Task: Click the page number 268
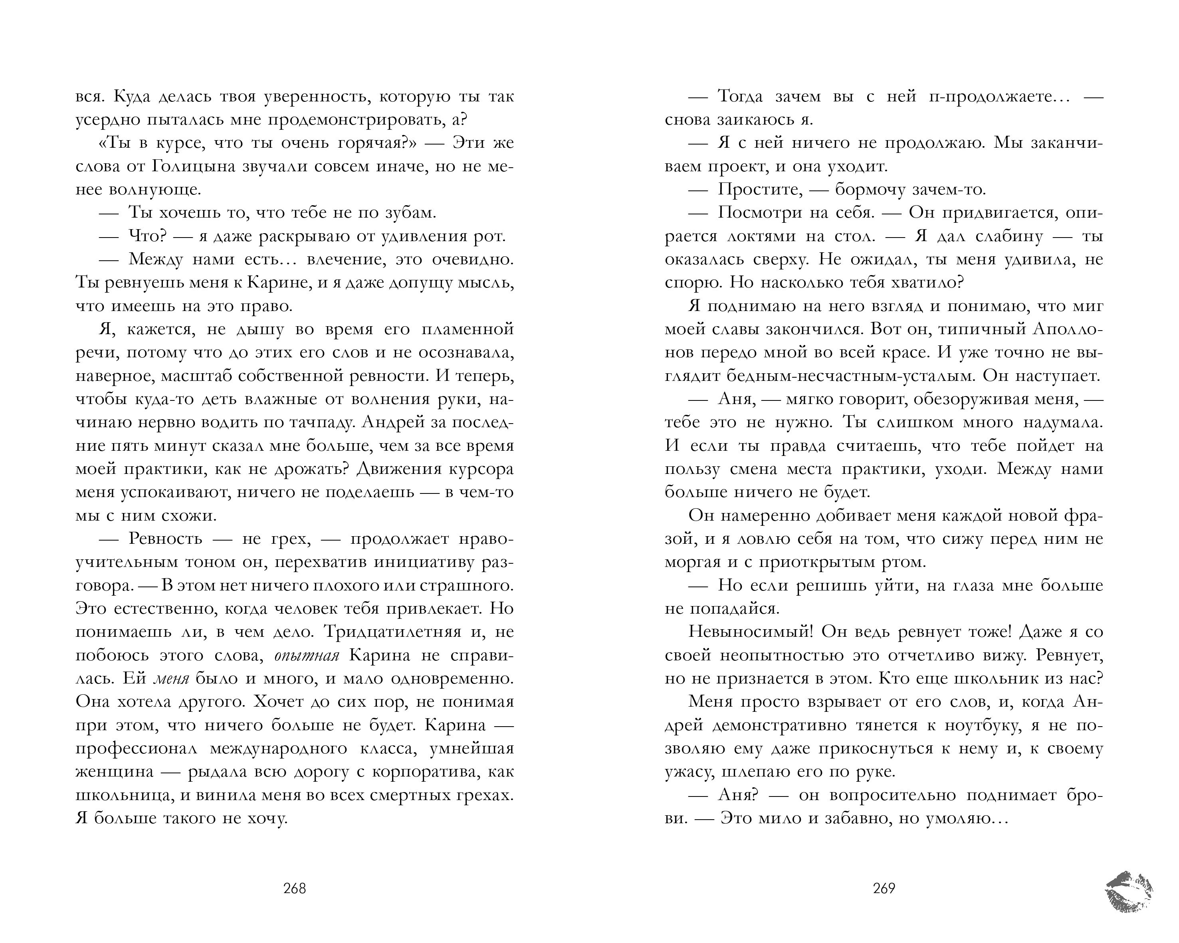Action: (294, 888)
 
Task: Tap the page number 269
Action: (884, 888)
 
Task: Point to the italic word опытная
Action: (307, 655)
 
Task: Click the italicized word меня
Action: (170, 678)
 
